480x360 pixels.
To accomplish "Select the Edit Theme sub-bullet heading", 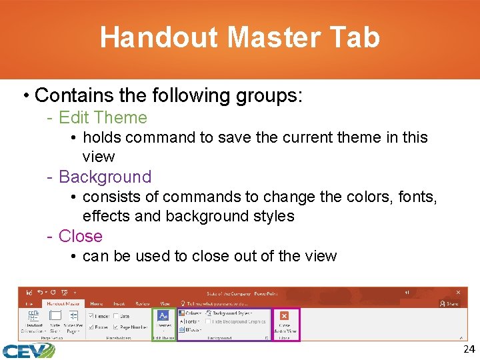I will point(103,118).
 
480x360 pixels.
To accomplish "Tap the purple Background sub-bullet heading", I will point(105,177).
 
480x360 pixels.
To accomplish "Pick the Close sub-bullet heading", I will point(80,237).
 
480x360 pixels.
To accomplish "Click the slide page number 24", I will point(469,349).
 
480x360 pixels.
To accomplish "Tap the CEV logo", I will point(27,351).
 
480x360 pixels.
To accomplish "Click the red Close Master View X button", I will point(285,315).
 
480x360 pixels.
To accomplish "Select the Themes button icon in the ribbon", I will point(163,315).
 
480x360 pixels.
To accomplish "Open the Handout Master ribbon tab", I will point(64,303).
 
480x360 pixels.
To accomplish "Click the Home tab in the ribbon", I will point(97,303).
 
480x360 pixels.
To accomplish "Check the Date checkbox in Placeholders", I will point(117,316).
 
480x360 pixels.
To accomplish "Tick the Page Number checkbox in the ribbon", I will point(117,327).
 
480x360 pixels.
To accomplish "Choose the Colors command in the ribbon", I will point(192,313).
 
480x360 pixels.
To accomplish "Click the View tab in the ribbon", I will point(164,303).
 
